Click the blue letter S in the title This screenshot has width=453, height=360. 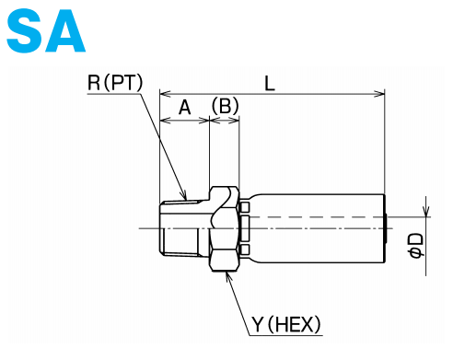[24, 30]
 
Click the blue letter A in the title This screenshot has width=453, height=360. [64, 30]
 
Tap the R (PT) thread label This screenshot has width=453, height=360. [115, 83]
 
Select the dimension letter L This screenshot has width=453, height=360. [270, 83]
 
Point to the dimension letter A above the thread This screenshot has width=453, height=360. [184, 107]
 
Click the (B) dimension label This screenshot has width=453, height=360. [225, 106]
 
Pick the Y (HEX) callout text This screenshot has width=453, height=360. [286, 324]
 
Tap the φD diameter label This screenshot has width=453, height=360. [416, 246]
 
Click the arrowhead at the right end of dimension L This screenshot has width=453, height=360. [379, 94]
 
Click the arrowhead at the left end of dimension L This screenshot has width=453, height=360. [165, 94]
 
